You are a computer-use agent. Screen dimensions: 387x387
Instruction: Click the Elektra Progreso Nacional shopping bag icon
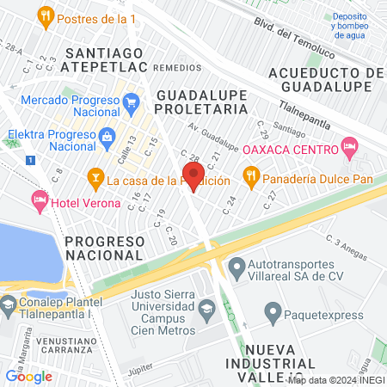107,136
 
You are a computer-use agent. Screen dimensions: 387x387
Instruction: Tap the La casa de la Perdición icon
95,180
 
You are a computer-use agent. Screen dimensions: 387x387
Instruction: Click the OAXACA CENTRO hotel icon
348,148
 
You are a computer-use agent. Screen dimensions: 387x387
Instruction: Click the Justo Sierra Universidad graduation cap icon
206,308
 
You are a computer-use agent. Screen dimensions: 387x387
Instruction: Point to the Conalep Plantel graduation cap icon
9,304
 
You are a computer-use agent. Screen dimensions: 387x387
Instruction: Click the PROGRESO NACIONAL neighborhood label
114,247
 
